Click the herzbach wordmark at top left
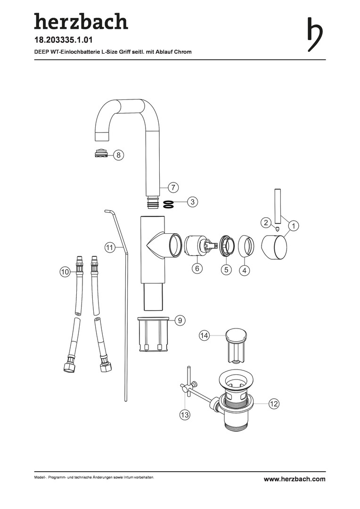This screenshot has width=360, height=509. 81,21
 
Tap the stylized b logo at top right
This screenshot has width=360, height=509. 315,34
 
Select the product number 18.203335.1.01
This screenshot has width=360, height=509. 64,40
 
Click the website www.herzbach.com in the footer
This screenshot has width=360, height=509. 295,479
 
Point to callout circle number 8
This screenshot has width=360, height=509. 118,155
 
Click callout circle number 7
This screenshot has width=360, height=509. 173,187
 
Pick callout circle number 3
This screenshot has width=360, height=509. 193,202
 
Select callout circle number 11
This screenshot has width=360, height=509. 110,248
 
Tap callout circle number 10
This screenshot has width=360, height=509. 65,271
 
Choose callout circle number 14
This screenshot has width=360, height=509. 204,336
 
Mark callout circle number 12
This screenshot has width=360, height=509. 274,403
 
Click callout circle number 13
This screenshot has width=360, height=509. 185,415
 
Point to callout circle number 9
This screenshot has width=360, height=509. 180,320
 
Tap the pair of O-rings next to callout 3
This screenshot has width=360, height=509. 168,204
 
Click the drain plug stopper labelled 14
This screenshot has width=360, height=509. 237,346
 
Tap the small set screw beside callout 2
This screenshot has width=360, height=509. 277,229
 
